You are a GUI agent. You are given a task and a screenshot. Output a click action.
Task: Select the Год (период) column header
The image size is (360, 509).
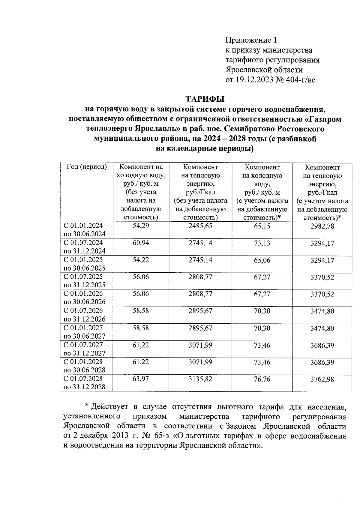tap(86, 167)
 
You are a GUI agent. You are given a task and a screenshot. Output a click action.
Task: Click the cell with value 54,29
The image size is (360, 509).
tap(141, 226)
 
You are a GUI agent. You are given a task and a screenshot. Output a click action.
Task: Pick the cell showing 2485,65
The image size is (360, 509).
tap(200, 226)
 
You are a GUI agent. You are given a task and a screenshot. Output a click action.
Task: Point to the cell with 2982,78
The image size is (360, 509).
tap(322, 226)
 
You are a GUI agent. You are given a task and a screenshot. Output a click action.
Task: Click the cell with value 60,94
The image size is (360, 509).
tap(141, 243)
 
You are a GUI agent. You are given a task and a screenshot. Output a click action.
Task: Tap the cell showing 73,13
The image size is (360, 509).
tap(262, 243)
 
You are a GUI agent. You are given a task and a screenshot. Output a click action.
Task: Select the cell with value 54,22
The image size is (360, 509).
tap(141, 260)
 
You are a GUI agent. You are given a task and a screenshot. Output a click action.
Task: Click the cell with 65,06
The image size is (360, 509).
tap(262, 260)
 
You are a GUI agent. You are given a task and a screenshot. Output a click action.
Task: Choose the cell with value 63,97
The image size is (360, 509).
tap(141, 379)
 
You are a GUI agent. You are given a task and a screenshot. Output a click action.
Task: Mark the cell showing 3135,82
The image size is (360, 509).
tap(200, 379)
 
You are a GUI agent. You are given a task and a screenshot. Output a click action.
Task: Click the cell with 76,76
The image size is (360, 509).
tap(262, 379)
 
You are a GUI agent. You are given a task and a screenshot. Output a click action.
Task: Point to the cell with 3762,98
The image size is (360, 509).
tap(322, 379)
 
